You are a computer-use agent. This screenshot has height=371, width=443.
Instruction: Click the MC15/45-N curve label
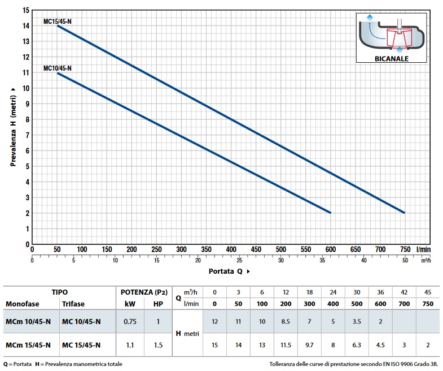click(58, 21)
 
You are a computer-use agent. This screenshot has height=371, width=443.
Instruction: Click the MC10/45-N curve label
click(58, 68)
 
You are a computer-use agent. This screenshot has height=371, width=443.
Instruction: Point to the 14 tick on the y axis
click(25, 25)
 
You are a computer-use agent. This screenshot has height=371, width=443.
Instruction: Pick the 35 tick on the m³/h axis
click(322, 260)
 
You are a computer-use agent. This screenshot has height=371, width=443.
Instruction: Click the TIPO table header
click(60, 292)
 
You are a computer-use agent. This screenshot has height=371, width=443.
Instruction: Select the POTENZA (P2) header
click(144, 292)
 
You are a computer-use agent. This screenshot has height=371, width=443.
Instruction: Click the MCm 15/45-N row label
click(28, 345)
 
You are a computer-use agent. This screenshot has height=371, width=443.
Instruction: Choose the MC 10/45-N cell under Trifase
click(82, 322)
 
